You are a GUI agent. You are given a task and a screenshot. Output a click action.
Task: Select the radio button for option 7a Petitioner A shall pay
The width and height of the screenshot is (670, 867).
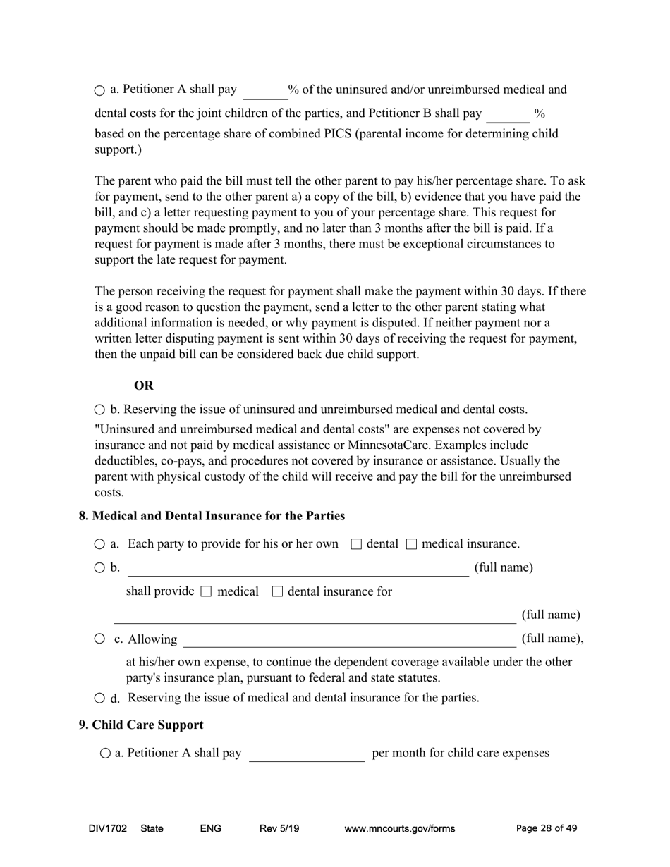pos(99,91)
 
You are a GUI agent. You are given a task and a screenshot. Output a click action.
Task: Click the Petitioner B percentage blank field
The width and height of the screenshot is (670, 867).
pos(508,115)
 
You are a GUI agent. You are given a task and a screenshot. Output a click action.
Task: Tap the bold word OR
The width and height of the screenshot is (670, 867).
pos(144,386)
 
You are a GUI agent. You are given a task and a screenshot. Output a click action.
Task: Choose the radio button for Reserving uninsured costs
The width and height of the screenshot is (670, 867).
pos(99,410)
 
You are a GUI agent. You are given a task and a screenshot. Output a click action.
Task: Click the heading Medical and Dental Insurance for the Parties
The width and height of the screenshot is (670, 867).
pos(212,516)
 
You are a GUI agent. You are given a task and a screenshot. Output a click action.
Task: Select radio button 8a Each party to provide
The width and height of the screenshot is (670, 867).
pos(99,545)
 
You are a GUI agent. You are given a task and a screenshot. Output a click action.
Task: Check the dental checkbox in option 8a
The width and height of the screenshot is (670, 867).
pos(356,544)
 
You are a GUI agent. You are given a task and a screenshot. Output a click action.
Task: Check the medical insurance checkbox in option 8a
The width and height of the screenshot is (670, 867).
pos(412,544)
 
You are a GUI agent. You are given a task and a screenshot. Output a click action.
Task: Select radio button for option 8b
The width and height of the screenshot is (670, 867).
pos(99,568)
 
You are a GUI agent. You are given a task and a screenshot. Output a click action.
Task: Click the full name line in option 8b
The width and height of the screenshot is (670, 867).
pos(298,568)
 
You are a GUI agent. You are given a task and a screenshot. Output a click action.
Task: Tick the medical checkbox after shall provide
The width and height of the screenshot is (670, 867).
pos(206,592)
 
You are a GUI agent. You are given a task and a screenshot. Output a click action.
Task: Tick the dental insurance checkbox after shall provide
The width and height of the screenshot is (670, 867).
pos(277,592)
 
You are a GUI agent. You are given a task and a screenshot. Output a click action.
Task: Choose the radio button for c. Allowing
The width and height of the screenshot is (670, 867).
pos(99,639)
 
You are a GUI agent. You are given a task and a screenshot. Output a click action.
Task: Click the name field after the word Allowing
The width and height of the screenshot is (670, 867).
pos(349,639)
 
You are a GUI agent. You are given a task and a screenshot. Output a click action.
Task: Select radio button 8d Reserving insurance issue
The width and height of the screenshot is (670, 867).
pos(99,699)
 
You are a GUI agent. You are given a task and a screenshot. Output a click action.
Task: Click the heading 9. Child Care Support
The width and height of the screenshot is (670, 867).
pos(141,725)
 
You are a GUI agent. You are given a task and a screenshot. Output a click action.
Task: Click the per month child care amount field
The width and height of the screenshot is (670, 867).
pos(307,754)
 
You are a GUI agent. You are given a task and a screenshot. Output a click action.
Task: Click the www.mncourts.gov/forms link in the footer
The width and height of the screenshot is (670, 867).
pos(399,829)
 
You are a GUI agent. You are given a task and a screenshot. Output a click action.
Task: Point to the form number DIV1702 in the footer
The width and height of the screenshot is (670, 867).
pos(108,829)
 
